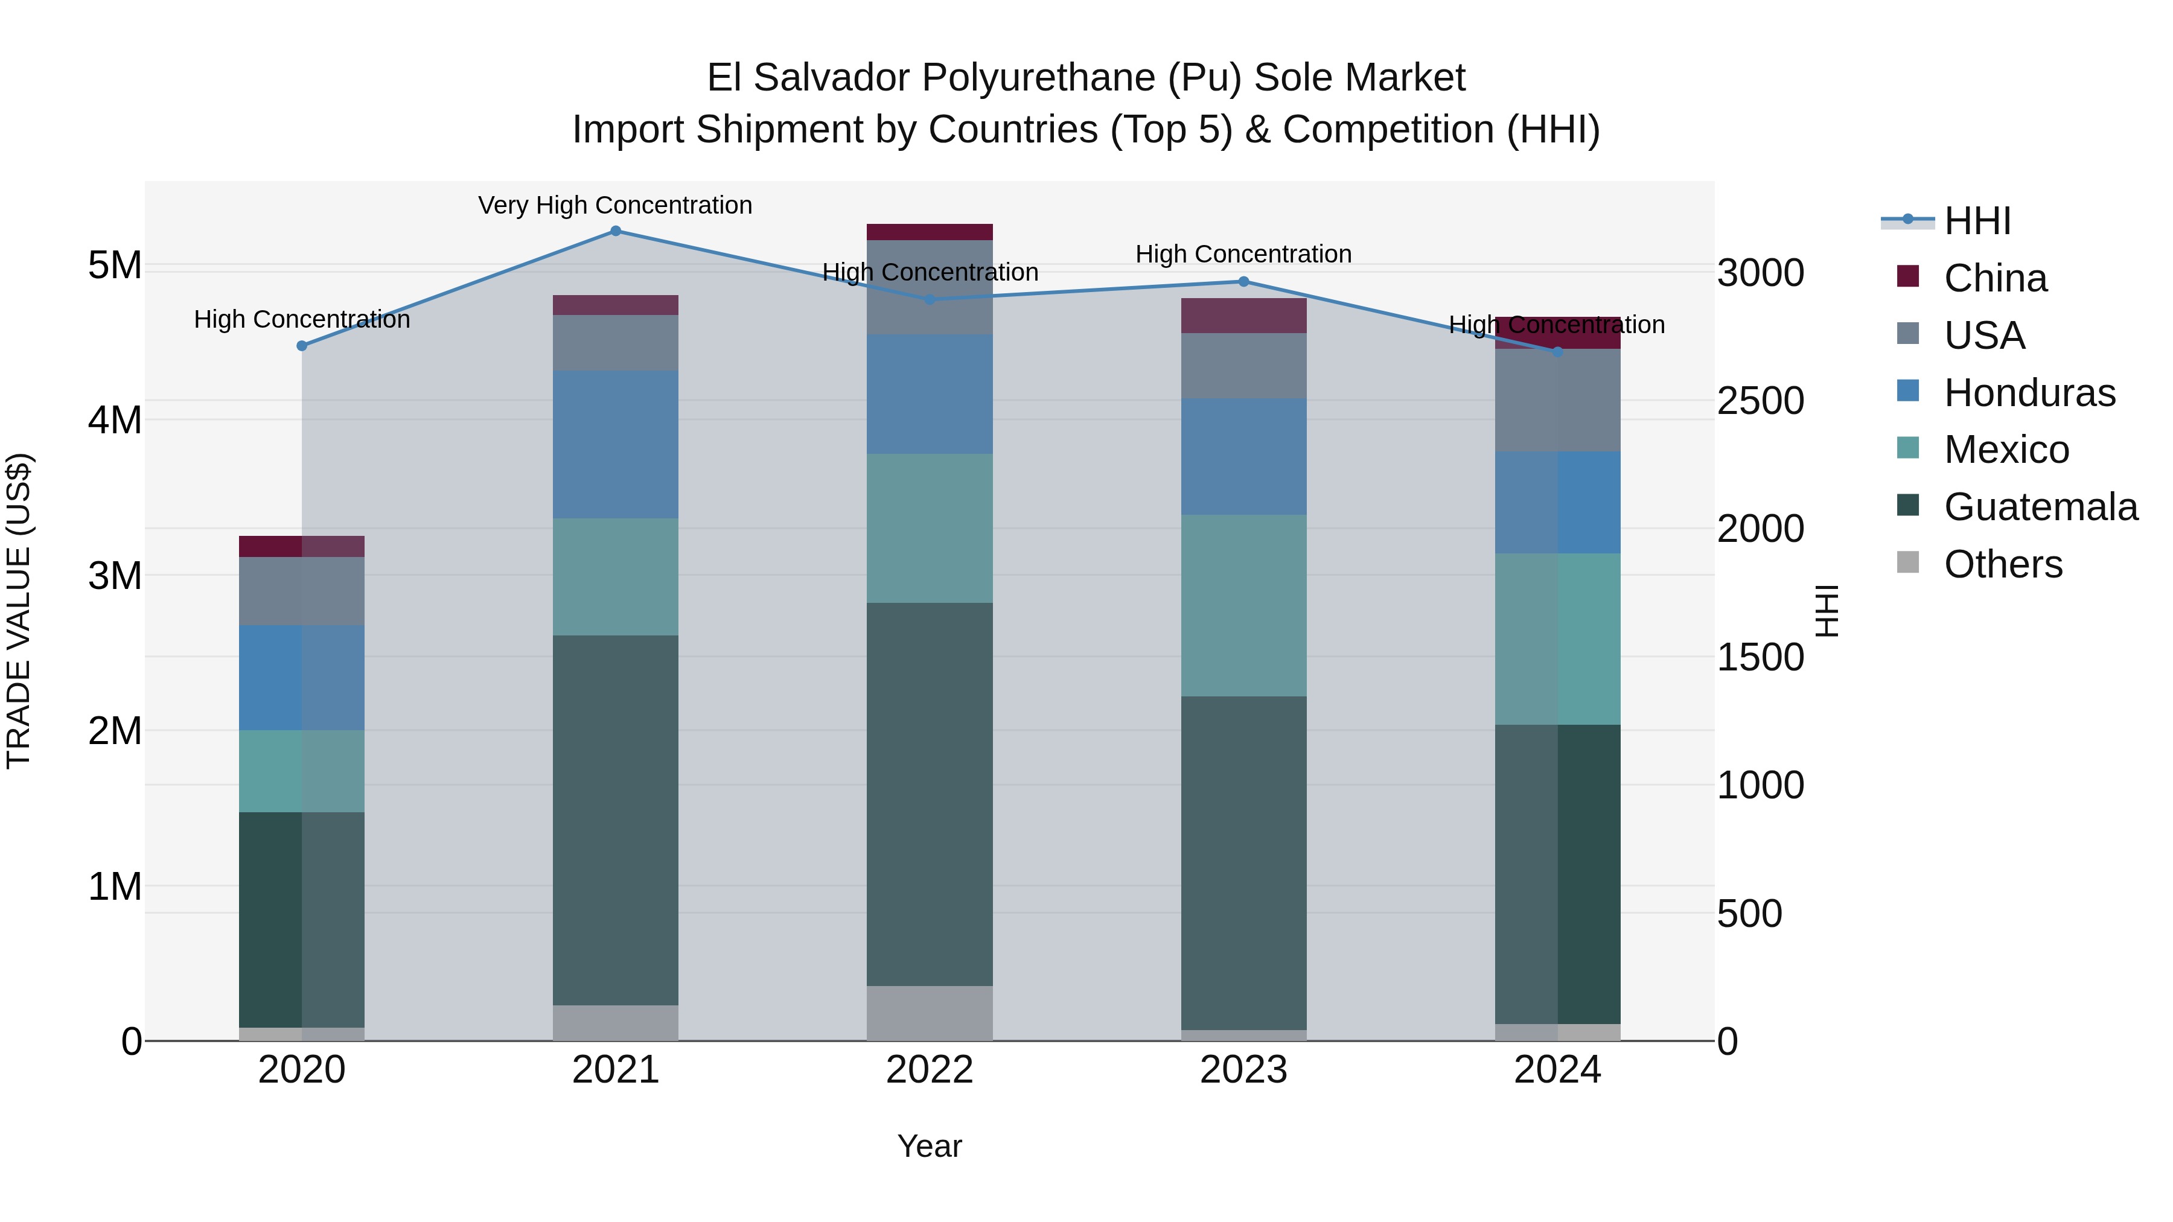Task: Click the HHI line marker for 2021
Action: pos(616,231)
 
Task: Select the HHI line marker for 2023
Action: pos(1243,282)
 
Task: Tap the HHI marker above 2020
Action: pos(302,346)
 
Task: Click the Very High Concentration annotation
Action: pos(615,205)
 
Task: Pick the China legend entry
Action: pos(1994,278)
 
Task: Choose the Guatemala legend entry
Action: pos(2040,507)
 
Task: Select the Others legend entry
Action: pos(2003,564)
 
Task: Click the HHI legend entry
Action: pos(1976,221)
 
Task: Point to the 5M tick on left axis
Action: pos(115,266)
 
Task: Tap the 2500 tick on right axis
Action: pos(1761,401)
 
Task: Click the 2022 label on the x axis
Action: pos(930,1070)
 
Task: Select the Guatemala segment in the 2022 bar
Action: pos(930,793)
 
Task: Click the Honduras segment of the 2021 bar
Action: pos(616,444)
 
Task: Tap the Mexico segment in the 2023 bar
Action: pos(1243,605)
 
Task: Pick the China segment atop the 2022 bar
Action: pos(930,232)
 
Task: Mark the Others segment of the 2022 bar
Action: pos(930,1012)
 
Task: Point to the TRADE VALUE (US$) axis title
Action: pos(19,611)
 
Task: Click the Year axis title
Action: pos(930,1146)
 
